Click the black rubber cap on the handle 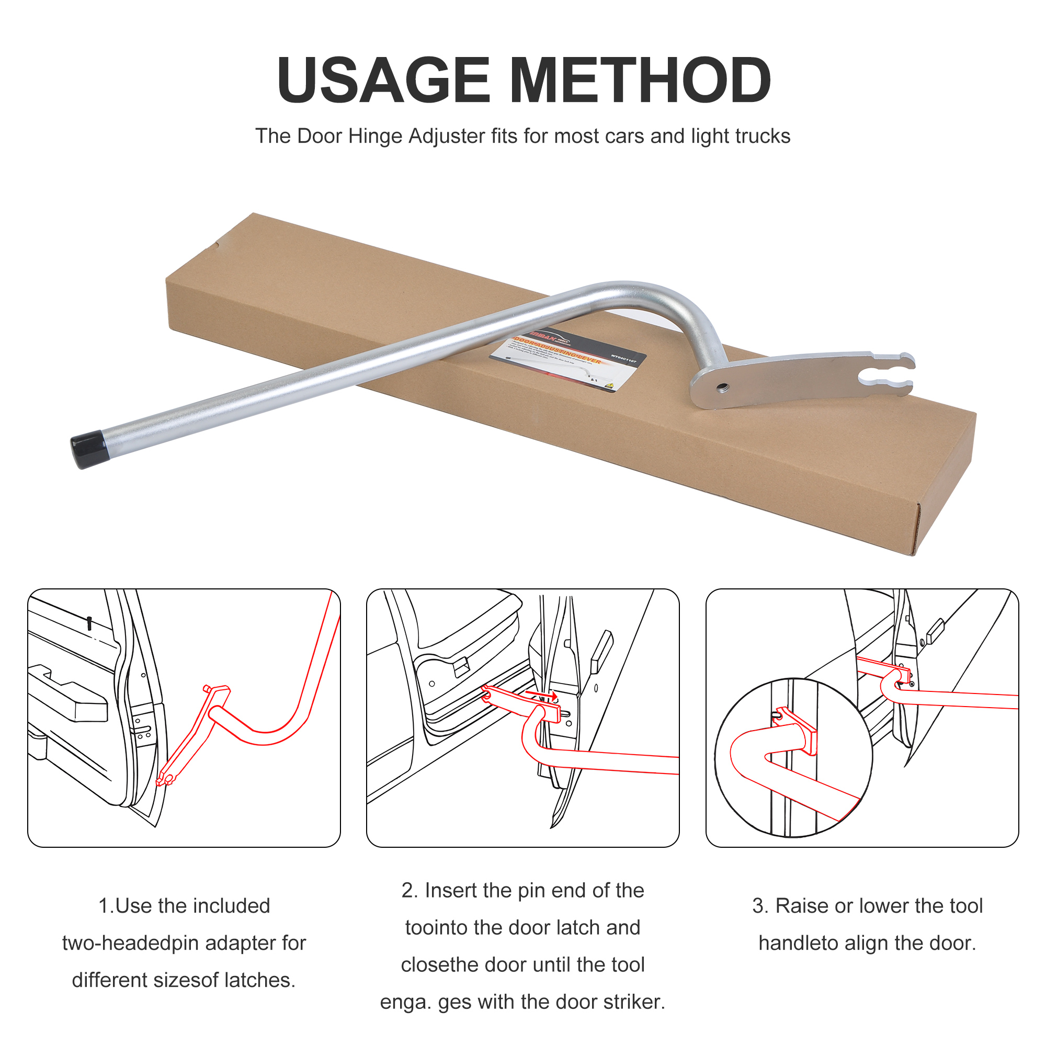pyautogui.click(x=89, y=449)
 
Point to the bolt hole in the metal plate pyautogui.click(x=723, y=388)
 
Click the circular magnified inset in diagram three pyautogui.click(x=793, y=758)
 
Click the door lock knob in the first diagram pyautogui.click(x=89, y=622)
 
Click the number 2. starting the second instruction pyautogui.click(x=410, y=891)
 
